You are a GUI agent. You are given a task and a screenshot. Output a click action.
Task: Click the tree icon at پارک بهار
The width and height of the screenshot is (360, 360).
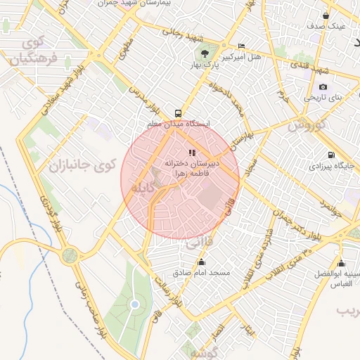click(204, 52)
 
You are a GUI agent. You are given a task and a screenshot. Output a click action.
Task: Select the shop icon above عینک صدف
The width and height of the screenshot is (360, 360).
click(326, 15)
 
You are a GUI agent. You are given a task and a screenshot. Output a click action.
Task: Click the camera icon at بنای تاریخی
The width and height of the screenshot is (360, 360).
click(323, 86)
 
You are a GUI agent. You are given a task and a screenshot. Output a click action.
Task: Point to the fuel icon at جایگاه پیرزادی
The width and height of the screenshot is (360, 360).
click(330, 155)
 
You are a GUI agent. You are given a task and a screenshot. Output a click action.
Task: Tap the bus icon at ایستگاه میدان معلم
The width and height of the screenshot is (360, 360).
click(177, 112)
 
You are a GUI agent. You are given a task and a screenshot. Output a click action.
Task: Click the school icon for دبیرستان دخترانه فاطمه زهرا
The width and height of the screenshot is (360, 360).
click(191, 152)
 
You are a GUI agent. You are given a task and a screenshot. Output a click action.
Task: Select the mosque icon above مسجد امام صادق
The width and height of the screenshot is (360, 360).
click(202, 262)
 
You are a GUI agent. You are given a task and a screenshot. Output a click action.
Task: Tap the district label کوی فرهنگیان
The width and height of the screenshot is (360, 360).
click(31, 51)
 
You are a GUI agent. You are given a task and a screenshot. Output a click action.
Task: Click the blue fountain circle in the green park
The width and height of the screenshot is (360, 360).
click(134, 304)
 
